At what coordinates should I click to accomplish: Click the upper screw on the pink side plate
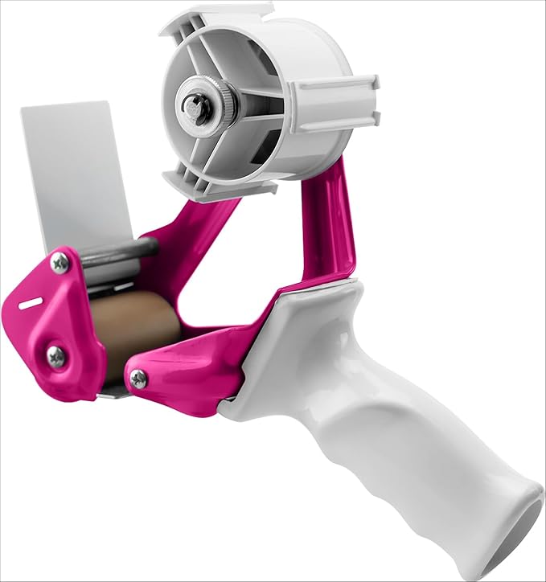(60, 262)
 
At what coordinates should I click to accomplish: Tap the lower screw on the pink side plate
(55, 356)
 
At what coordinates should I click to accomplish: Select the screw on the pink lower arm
(139, 379)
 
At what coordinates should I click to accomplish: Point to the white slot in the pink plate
(31, 302)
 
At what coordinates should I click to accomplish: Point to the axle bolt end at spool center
(194, 105)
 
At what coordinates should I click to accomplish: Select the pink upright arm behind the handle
(330, 225)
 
